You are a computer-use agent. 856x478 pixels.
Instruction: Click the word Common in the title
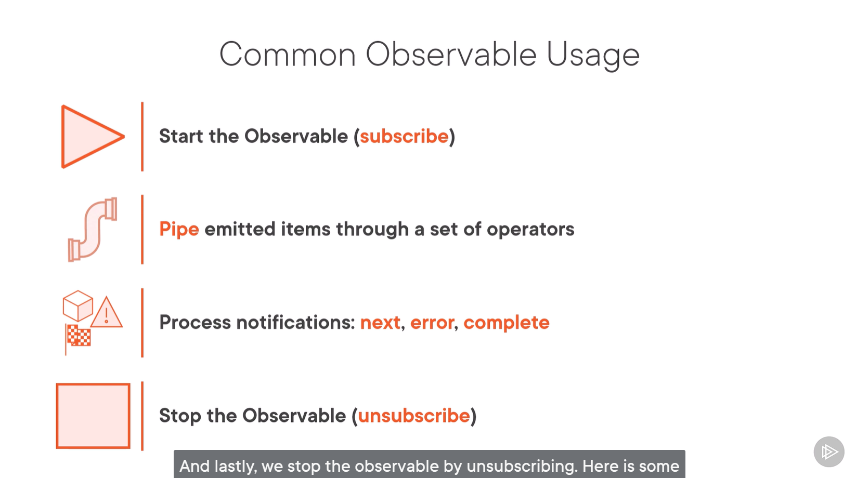pos(288,55)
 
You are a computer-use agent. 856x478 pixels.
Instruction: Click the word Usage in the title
pos(593,56)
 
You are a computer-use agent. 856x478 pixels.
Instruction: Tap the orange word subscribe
pos(404,136)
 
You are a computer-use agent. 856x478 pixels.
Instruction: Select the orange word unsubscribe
pos(414,415)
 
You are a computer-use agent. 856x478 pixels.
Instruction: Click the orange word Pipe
pos(179,230)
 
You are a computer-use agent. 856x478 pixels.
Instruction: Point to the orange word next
pos(380,323)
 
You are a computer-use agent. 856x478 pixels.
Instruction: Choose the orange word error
pos(432,323)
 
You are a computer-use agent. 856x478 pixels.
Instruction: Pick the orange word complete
pos(507,323)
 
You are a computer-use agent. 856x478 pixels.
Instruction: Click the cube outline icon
pos(78,306)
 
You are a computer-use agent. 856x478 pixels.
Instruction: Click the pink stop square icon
pos(93,416)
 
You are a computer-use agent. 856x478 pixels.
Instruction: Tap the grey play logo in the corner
pos(828,452)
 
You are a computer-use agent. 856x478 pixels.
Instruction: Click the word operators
pos(530,230)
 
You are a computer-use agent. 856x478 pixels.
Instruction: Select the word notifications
pos(296,323)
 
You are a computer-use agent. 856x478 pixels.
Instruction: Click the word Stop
pos(180,416)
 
